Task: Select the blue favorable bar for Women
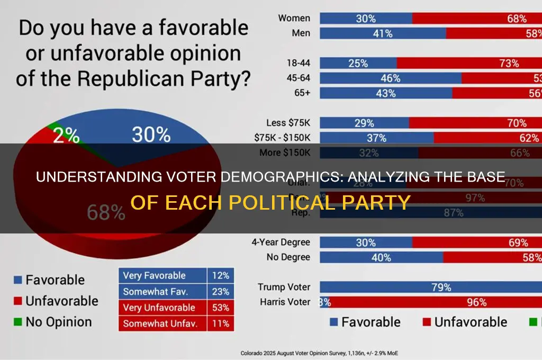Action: [366, 19]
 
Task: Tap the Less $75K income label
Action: [288, 123]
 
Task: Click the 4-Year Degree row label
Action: [282, 243]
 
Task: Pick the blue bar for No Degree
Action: [381, 257]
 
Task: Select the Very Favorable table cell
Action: [155, 275]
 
